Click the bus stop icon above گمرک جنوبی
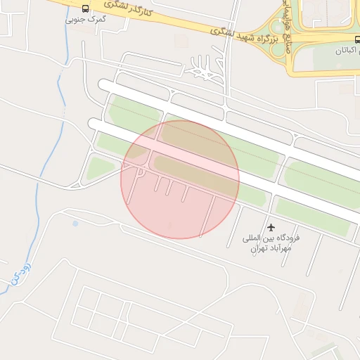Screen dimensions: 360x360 click(x=86, y=9)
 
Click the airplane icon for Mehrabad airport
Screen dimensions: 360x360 click(x=271, y=227)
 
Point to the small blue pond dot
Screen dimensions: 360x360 click(x=75, y=224)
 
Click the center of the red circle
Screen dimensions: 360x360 click(x=180, y=179)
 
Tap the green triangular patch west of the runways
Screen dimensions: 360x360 click(x=100, y=168)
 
